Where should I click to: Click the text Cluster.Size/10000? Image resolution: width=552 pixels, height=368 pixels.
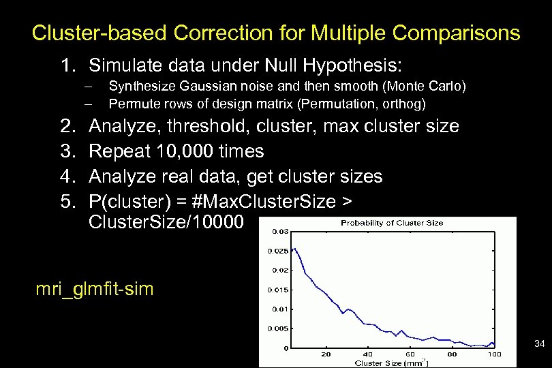[163, 223]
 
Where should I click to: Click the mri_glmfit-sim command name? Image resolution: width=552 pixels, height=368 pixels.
[95, 289]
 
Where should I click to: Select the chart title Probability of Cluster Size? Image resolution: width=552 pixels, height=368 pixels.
[392, 223]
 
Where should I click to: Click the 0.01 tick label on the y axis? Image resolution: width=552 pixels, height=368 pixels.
[281, 309]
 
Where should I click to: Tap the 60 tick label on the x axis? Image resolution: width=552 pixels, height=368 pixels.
[410, 354]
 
